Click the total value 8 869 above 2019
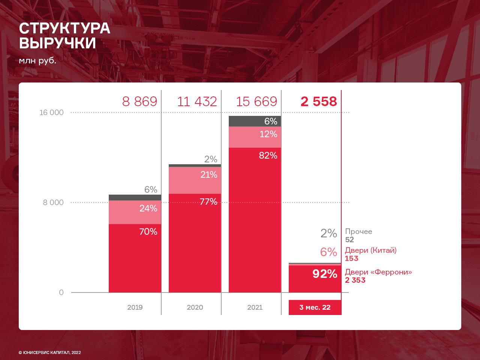coord(139,102)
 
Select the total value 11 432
coord(197,102)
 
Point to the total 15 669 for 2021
coord(256,102)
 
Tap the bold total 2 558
coord(319,102)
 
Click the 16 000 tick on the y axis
coord(51,112)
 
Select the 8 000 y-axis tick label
coord(53,202)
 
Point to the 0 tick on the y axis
coord(61,292)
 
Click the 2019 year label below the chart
coord(135,307)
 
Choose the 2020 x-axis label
coord(195,307)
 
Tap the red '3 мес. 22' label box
coord(315,307)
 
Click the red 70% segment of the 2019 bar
coord(135,259)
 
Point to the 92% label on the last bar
coord(325,274)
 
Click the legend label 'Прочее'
coord(358,232)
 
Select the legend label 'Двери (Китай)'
coord(370,250)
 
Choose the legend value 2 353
coord(355,280)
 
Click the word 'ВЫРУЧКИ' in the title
coord(58,43)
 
